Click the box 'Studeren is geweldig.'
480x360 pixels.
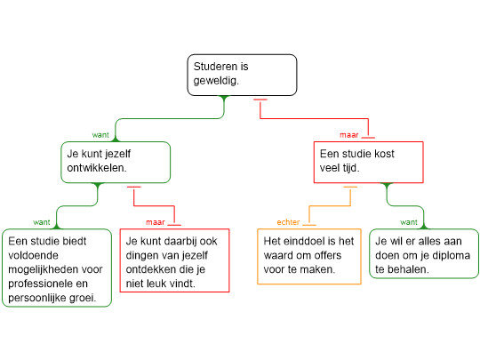pos(242,75)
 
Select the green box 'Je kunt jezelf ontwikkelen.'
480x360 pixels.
pos(116,163)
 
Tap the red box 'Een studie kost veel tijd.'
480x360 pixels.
pos(369,163)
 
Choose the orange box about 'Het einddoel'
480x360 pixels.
pos(309,257)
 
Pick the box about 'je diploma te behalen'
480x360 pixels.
pos(424,253)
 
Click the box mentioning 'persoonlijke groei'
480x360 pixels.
pos(57,268)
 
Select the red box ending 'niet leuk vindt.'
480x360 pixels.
pos(174,260)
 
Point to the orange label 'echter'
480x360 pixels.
pos(288,222)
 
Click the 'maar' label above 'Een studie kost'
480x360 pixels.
pos(349,135)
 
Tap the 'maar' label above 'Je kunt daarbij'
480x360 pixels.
pos(156,222)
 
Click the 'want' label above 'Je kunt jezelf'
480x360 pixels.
pos(100,135)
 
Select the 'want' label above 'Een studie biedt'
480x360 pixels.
pos(41,222)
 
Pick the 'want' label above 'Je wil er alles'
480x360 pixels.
pos(409,222)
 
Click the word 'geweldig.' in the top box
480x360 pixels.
pos(216,81)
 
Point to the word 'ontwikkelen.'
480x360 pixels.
pos(97,168)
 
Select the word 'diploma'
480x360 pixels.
pos(451,255)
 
